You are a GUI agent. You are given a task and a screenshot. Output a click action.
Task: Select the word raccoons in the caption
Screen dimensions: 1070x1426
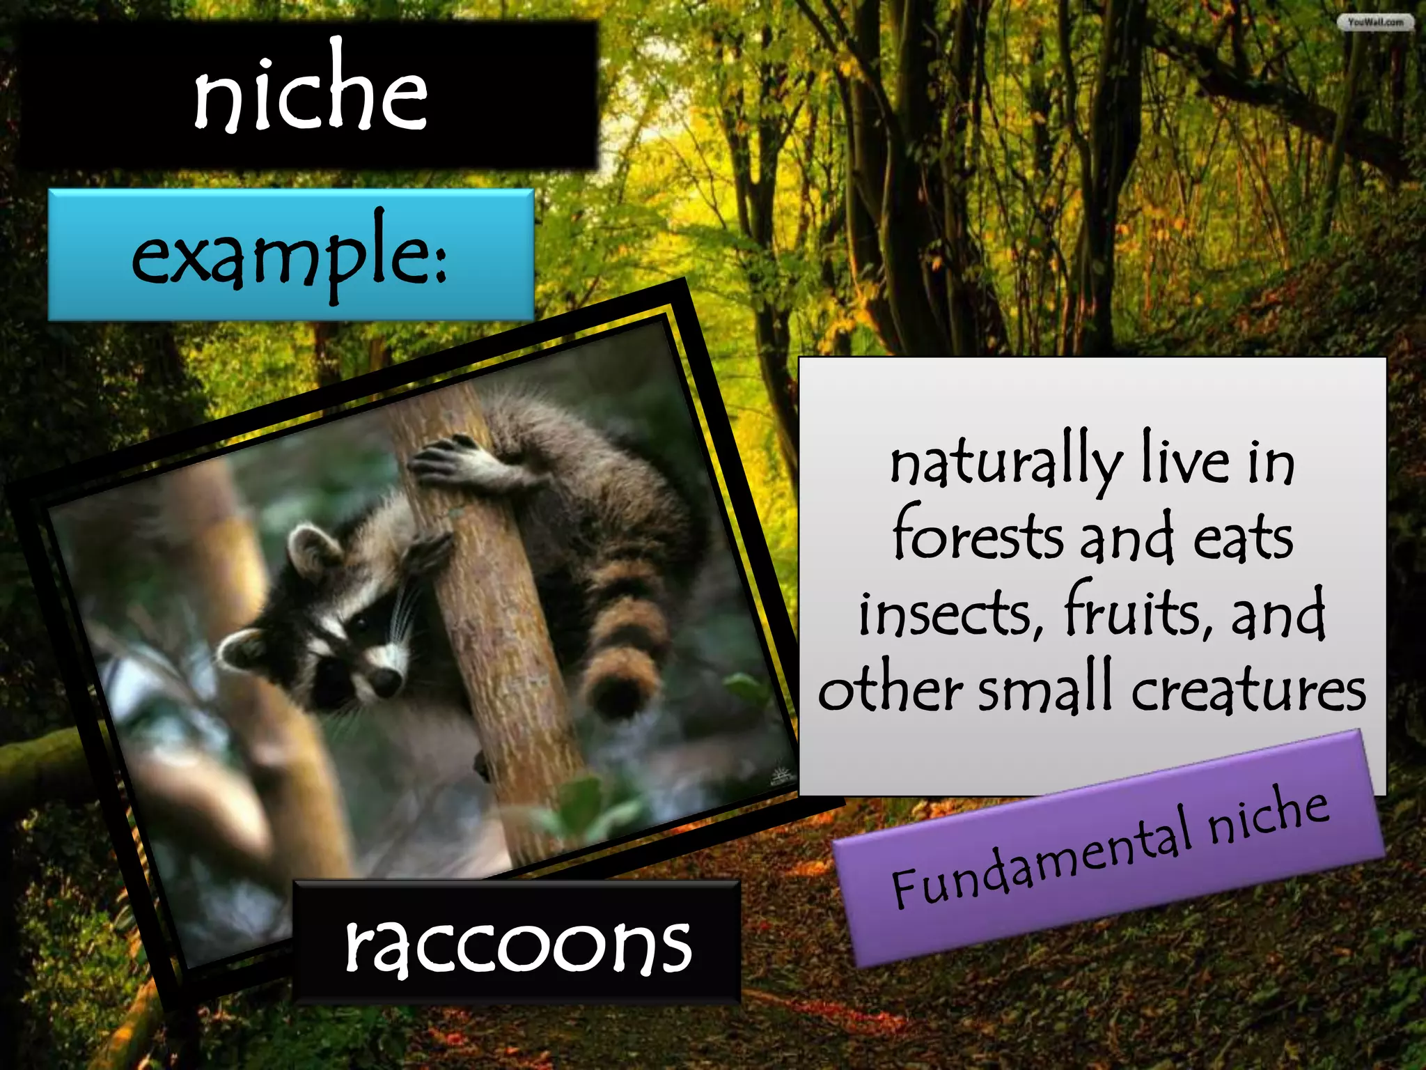click(518, 943)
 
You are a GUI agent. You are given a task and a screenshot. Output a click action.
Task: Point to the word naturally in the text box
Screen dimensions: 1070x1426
click(1007, 463)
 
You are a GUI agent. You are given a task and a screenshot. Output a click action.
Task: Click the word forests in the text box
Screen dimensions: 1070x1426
click(978, 536)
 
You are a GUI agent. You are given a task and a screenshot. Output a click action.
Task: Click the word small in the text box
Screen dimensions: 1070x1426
click(1045, 690)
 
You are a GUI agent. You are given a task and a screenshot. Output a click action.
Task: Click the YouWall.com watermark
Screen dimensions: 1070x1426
click(1375, 22)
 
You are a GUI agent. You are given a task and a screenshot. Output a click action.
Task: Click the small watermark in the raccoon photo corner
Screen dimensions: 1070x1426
click(781, 777)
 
